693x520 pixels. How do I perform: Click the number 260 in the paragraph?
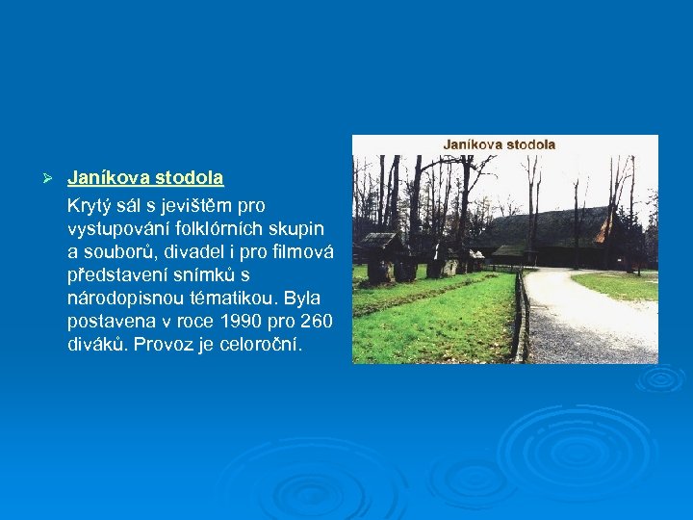(x=316, y=322)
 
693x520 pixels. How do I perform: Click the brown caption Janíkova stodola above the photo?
(x=499, y=144)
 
